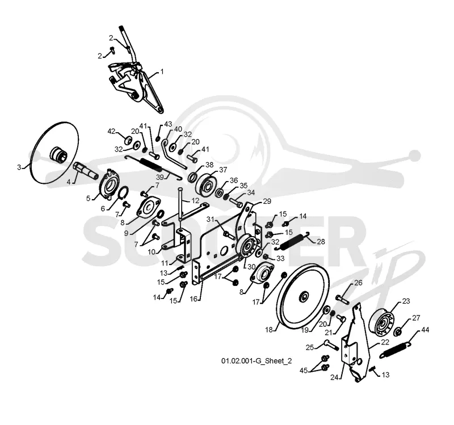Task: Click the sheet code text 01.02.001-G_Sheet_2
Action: pos(257,361)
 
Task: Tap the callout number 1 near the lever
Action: pos(162,71)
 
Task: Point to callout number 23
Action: pos(406,301)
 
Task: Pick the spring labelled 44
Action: pos(396,350)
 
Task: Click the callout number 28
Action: pos(321,242)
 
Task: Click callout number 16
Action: pos(194,298)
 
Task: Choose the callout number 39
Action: pos(160,177)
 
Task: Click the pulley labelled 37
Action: pos(207,186)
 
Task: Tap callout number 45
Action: pos(304,371)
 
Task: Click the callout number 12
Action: pos(195,200)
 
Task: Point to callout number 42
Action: pos(111,132)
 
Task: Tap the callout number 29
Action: pos(267,201)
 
